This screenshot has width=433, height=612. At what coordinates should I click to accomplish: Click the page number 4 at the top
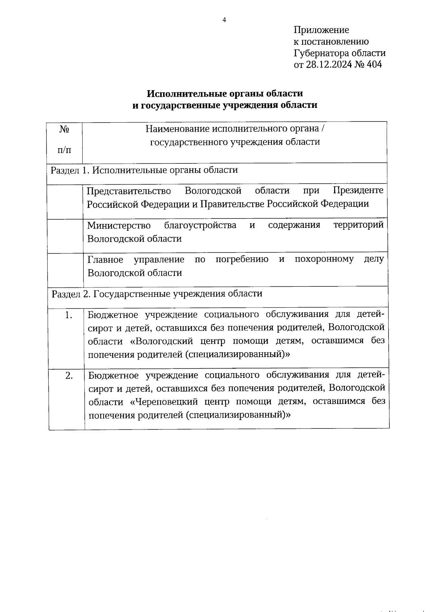pos(224,20)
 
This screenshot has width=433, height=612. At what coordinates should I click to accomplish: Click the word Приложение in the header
pos(321,30)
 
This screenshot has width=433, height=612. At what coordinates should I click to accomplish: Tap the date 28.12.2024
pos(329,65)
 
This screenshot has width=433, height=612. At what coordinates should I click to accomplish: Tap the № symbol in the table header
pos(65,129)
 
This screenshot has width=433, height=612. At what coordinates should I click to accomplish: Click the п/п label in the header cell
pos(64,150)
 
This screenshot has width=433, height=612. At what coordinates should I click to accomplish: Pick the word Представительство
pos(129,190)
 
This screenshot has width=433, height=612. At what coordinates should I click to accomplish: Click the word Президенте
pos(358,190)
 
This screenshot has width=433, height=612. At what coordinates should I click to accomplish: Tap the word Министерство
pos(119,225)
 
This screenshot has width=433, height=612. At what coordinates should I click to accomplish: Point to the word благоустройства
pos(200,225)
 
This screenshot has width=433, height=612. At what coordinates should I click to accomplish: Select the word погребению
pos(242,259)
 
